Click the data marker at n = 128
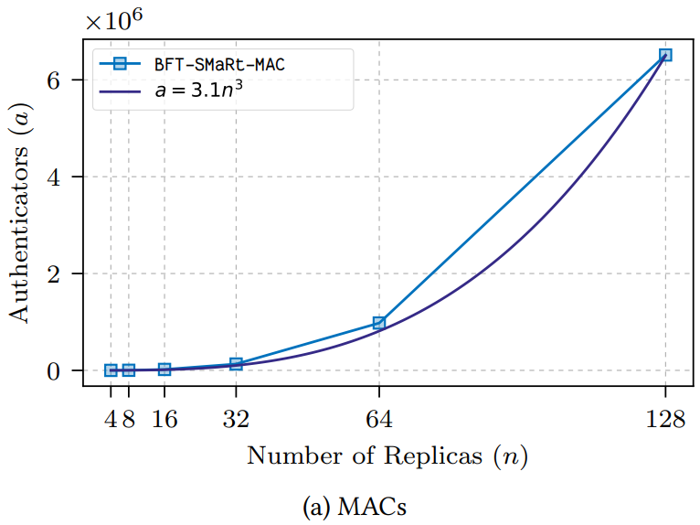point(665,55)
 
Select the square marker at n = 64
point(378,323)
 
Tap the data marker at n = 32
point(236,364)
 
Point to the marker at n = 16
point(164,370)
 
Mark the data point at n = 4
point(111,370)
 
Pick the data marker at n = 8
point(129,370)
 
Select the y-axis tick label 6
point(54,80)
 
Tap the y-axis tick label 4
point(54,177)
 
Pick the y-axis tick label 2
point(54,273)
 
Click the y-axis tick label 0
point(54,370)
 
